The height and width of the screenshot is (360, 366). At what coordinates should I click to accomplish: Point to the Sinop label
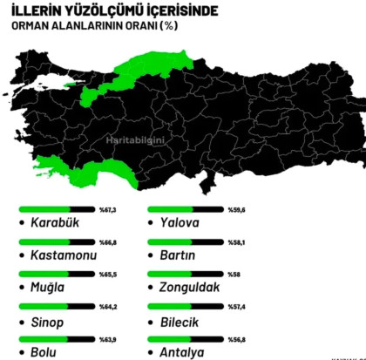tap(47, 321)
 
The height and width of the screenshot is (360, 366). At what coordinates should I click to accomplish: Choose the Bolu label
tap(44, 352)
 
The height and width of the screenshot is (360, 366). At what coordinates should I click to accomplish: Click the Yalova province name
tap(180, 223)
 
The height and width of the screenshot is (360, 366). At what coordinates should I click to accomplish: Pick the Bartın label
tap(178, 256)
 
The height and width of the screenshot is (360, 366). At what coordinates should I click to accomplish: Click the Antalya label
tap(184, 352)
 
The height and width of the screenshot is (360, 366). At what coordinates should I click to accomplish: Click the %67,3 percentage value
tap(107, 210)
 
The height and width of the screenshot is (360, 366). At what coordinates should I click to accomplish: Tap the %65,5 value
tap(107, 275)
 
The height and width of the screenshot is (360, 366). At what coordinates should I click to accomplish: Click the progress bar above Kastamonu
tap(55, 242)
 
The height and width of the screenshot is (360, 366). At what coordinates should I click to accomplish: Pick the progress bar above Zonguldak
tap(185, 275)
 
